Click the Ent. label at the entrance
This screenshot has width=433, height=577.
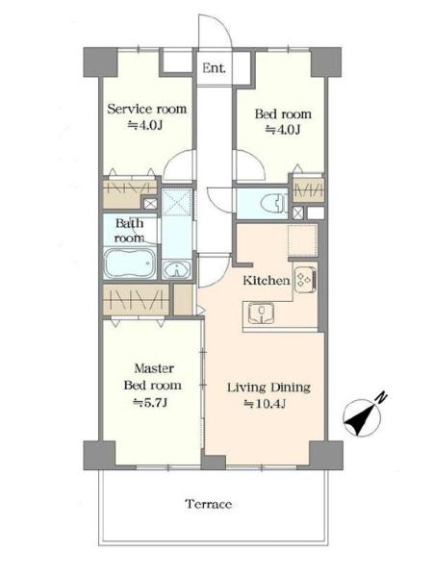pyautogui.click(x=214, y=67)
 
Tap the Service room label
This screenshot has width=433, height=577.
pyautogui.click(x=147, y=109)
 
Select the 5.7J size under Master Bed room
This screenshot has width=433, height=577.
pyautogui.click(x=150, y=403)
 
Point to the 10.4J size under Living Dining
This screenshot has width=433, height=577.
pyautogui.click(x=266, y=404)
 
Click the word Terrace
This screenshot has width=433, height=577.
pyautogui.click(x=209, y=504)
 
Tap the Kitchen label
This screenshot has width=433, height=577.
pyautogui.click(x=267, y=281)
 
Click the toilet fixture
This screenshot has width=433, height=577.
pyautogui.click(x=273, y=204)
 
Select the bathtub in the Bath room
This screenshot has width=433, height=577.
pyautogui.click(x=130, y=263)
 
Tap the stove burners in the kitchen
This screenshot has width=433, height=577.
pyautogui.click(x=305, y=280)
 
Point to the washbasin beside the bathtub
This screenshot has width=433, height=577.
pyautogui.click(x=177, y=270)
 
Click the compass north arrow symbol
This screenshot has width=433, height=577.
pyautogui.click(x=361, y=418)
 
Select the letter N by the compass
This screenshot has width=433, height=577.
pyautogui.click(x=382, y=397)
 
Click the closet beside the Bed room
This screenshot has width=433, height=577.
pyautogui.click(x=309, y=189)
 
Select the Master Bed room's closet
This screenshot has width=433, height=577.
pyautogui.click(x=136, y=299)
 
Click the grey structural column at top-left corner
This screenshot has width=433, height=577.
pyautogui.click(x=100, y=62)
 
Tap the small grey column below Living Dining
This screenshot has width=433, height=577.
pyautogui.click(x=214, y=463)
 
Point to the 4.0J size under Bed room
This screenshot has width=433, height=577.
pyautogui.click(x=283, y=130)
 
